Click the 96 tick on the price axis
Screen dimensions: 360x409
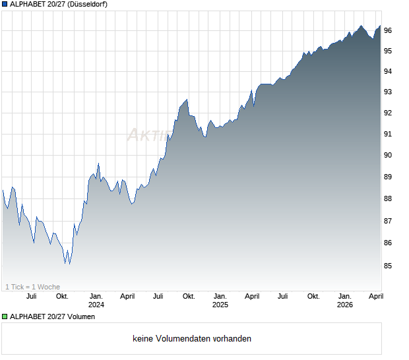[389, 30]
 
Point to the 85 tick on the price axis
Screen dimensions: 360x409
[389, 266]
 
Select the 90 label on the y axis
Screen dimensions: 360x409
[389, 155]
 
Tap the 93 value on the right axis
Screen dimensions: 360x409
[389, 92]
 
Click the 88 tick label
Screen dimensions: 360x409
[389, 198]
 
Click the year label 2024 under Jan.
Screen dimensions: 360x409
[96, 305]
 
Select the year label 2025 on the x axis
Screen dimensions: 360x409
[220, 305]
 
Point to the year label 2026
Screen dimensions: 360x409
[344, 305]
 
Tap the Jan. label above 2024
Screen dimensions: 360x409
[96, 296]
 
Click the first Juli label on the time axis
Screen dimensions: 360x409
[31, 296]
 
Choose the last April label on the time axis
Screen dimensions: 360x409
[375, 296]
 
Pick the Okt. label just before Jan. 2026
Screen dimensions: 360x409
[313, 296]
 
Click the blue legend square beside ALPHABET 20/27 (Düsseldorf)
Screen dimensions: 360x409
[5, 5]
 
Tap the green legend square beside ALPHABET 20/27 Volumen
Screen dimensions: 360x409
[5, 316]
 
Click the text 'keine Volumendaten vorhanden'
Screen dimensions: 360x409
[192, 339]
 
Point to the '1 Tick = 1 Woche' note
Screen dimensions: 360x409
[33, 287]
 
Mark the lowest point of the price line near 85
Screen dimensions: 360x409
[65, 264]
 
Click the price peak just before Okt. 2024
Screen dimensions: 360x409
[187, 100]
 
